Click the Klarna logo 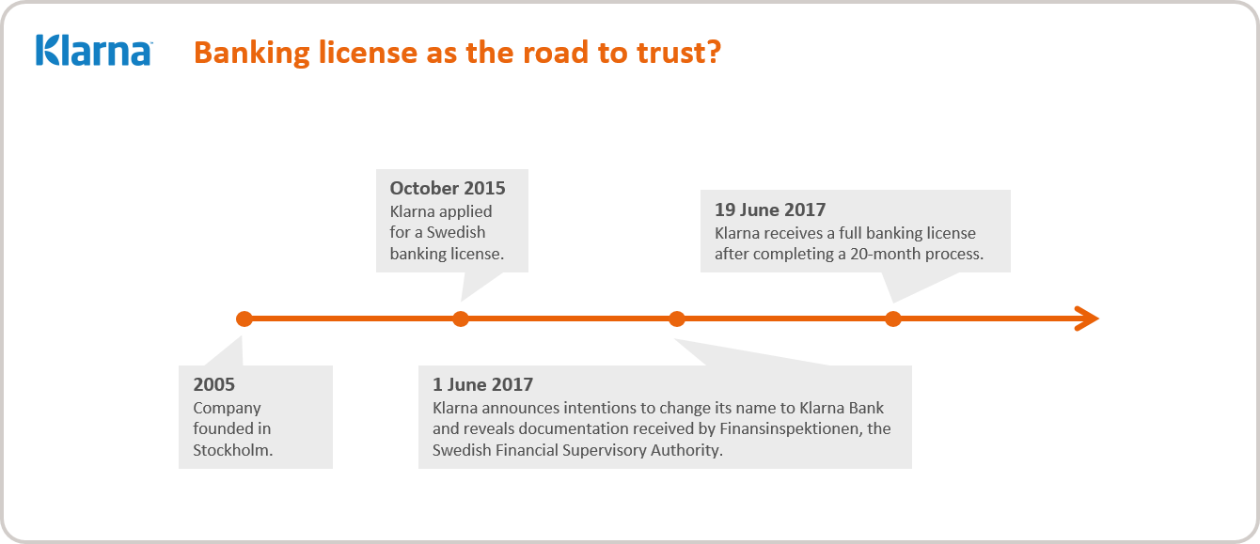coord(94,51)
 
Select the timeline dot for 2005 coord(244,319)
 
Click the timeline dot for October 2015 coord(460,319)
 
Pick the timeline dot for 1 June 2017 coord(676,319)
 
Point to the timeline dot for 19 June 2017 coord(892,319)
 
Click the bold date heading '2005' coord(213,384)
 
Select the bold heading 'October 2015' coord(448,188)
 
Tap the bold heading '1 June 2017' coord(482,384)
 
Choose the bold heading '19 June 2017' coord(769,210)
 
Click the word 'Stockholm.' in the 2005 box coord(232,449)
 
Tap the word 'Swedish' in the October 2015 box coord(456,232)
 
